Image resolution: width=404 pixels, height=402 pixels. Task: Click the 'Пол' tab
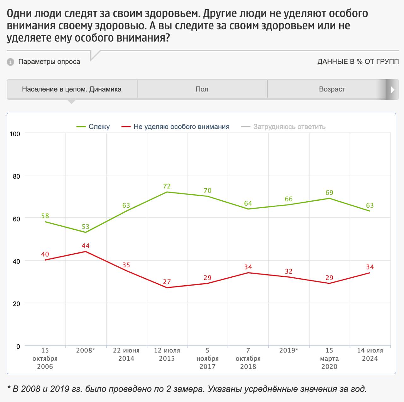(202, 89)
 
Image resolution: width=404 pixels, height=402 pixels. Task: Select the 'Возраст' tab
(332, 89)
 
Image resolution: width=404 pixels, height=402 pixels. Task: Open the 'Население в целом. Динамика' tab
(72, 89)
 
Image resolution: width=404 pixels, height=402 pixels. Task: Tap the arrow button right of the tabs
(392, 90)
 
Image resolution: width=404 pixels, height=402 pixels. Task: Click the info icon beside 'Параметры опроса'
(10, 62)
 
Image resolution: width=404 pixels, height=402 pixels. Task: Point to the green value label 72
(167, 186)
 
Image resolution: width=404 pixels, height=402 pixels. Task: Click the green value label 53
(86, 227)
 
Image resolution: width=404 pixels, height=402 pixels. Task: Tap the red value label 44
(86, 246)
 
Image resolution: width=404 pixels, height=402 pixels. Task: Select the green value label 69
(329, 192)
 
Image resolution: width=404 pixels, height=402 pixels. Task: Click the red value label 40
(45, 254)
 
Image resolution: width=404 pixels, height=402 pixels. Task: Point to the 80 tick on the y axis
(16, 176)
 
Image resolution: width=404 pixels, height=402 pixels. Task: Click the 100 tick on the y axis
(15, 134)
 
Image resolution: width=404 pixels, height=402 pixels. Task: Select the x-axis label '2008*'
(86, 351)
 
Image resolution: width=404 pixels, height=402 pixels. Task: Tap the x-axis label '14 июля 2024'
(370, 354)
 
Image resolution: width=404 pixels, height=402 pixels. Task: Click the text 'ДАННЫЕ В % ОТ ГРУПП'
(358, 62)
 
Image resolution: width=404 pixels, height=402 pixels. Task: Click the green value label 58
(45, 216)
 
